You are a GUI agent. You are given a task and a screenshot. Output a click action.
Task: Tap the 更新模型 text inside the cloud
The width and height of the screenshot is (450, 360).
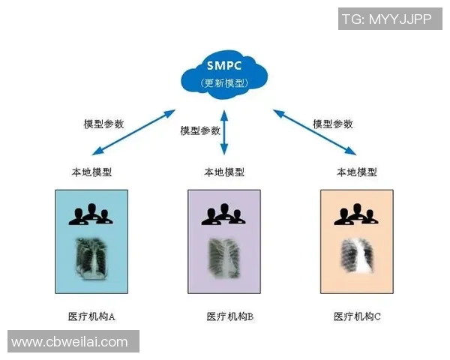[224, 82]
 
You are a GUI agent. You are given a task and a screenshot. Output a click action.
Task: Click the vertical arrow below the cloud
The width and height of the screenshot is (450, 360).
[224, 132]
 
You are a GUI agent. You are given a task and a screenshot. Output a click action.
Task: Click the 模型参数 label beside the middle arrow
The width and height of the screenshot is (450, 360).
[201, 130]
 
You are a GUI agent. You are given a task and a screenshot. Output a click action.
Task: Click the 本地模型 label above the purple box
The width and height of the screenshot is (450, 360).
[224, 172]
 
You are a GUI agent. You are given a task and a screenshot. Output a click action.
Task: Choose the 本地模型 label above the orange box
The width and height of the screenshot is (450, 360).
[357, 172]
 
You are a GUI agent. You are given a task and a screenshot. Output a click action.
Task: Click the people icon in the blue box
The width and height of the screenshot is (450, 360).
[92, 214]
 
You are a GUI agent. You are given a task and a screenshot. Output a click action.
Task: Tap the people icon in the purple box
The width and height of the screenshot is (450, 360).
[224, 214]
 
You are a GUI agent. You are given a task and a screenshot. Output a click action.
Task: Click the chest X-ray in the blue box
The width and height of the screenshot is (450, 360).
[92, 259]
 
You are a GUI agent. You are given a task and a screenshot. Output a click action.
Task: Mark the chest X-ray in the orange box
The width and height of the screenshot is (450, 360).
[357, 260]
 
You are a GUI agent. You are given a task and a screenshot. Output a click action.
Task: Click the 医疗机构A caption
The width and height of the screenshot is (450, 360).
[92, 316]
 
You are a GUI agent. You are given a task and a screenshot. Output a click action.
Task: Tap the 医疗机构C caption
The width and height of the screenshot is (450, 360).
[358, 316]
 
